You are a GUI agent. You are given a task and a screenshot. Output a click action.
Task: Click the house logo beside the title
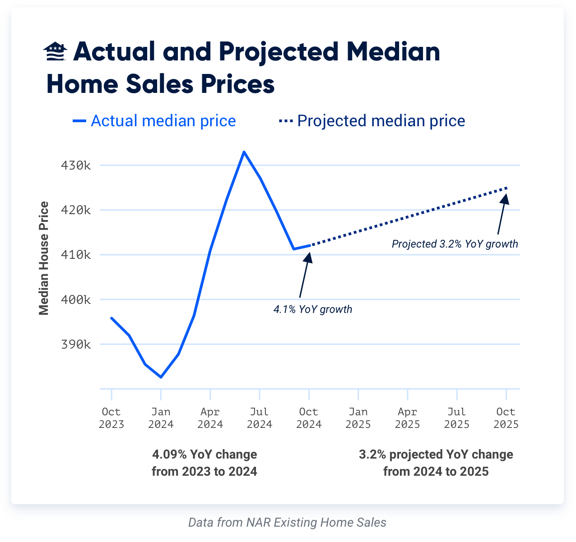55,52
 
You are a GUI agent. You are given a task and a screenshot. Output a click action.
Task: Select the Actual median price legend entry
154,121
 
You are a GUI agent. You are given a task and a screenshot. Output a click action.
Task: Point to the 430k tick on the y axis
76,165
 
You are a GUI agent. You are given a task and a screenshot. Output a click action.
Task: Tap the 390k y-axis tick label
76,344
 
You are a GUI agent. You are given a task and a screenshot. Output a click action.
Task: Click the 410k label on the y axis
76,255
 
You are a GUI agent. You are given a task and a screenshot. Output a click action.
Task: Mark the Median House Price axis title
44,258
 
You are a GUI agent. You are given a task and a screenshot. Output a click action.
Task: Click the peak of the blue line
244,152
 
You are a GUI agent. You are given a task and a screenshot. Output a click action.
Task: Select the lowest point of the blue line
161,377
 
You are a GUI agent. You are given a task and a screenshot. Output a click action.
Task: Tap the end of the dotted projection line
506,188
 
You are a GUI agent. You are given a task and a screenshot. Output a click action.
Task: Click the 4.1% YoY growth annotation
312,309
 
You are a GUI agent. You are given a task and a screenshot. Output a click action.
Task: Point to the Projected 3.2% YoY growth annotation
455,244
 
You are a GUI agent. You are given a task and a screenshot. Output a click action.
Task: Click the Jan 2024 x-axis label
161,418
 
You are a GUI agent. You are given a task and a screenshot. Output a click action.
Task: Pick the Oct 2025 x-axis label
506,418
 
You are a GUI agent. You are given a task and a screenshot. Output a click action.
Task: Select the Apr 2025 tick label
407,418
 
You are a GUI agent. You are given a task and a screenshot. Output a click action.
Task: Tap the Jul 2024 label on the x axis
260,418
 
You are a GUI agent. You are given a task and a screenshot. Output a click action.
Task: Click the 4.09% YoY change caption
204,463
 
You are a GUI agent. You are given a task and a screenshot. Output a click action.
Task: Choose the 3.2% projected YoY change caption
436,463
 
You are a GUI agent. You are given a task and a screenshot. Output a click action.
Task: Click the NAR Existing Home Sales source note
287,522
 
